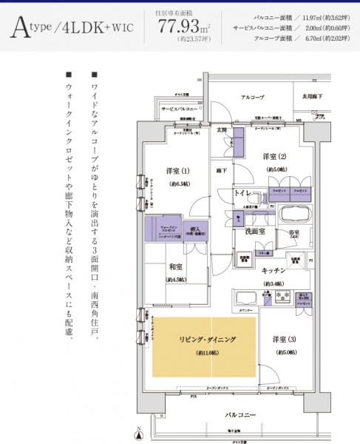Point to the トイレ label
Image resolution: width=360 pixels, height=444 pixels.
[245, 192]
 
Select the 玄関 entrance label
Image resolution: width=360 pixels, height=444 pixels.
[222, 130]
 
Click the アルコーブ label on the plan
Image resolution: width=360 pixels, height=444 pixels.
[252, 98]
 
